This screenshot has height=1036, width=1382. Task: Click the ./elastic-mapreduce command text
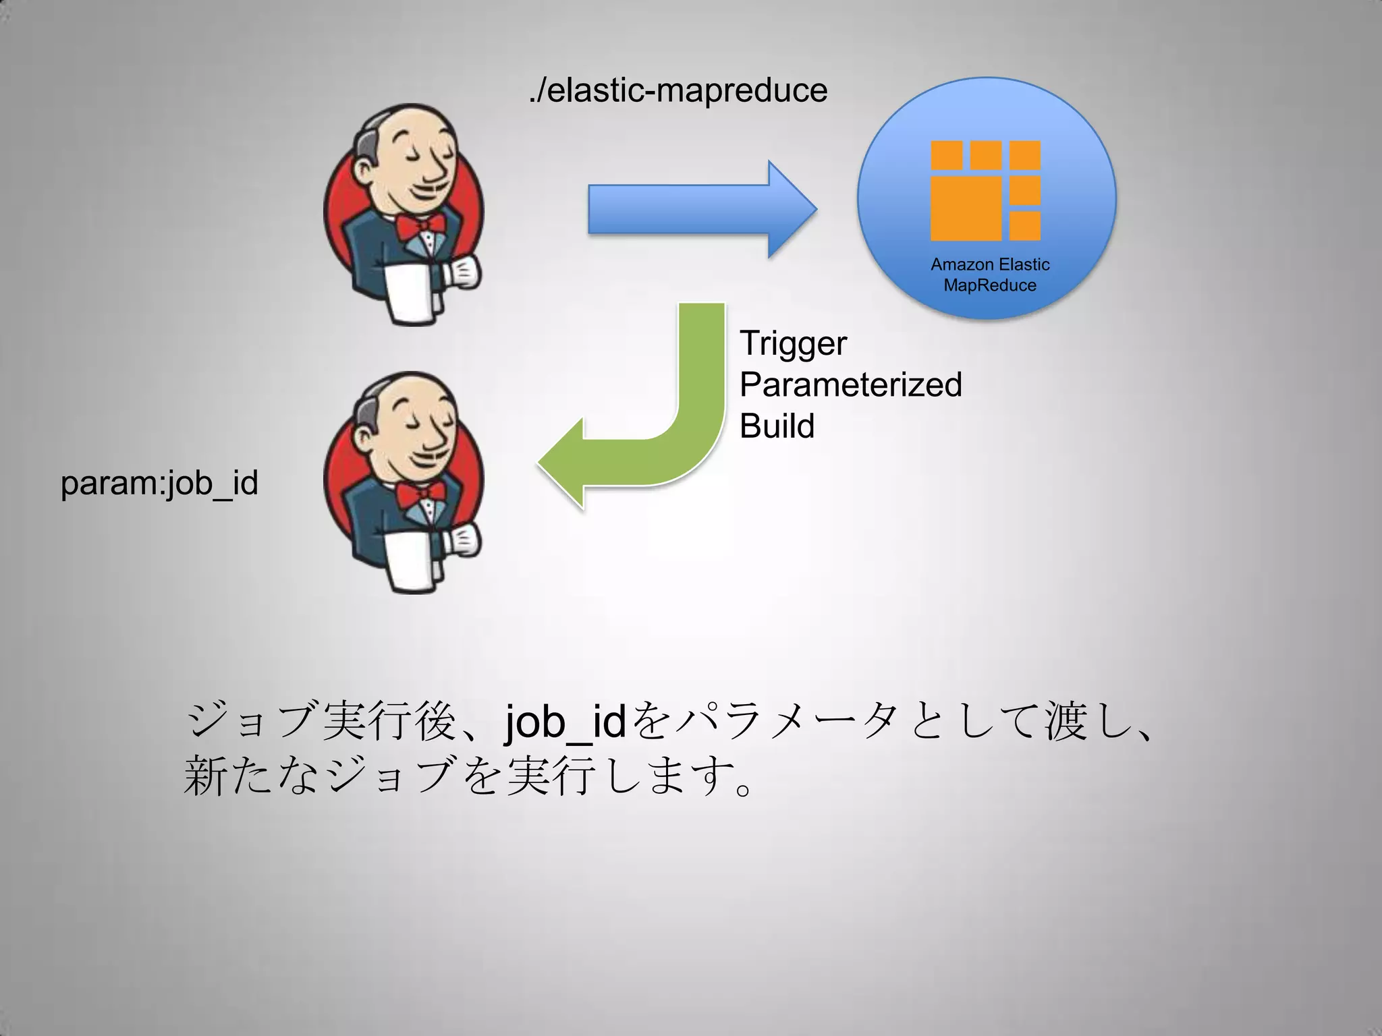(x=678, y=90)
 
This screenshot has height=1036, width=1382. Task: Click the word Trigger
(x=792, y=343)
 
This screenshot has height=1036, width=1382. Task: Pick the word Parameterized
(x=850, y=384)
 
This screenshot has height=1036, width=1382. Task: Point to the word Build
(x=777, y=426)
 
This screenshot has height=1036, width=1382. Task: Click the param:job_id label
(x=159, y=483)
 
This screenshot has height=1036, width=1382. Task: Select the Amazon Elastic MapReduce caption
(x=989, y=275)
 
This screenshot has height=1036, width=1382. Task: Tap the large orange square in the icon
(x=966, y=208)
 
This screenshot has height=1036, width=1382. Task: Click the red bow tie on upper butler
(x=420, y=226)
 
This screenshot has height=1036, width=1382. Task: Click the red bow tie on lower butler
(x=420, y=494)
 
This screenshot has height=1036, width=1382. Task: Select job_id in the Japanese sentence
(x=565, y=722)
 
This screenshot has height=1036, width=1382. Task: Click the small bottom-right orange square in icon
(x=1025, y=226)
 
